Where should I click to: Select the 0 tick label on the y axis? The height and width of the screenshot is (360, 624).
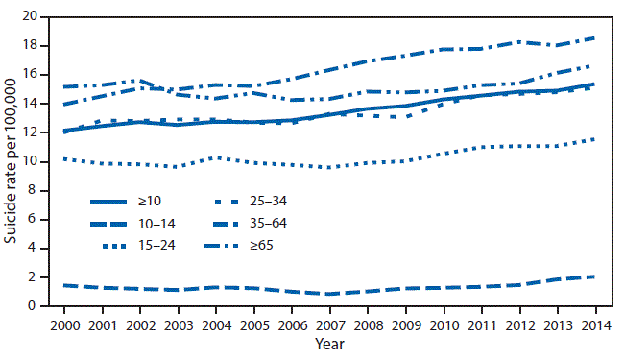tap(35, 306)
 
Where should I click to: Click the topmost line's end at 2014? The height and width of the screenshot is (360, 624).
tap(593, 37)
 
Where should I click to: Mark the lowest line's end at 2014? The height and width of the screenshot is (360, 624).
tap(593, 276)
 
